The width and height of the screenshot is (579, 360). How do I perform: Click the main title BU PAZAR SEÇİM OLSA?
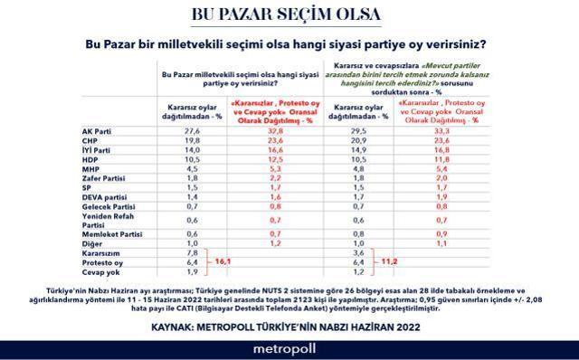point(289,17)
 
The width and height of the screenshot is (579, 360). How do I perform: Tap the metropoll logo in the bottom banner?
point(289,346)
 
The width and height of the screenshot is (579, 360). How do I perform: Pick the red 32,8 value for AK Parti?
point(268,131)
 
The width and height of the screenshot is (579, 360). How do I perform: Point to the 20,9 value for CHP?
point(356,140)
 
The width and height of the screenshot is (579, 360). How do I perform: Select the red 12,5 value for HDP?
point(268,159)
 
